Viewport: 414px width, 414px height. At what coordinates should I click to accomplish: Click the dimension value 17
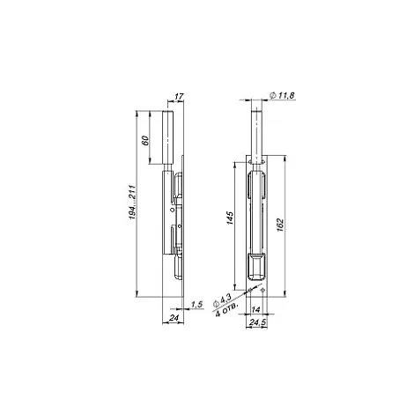pyautogui.click(x=179, y=96)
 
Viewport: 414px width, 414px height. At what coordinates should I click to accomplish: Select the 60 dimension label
pyautogui.click(x=145, y=140)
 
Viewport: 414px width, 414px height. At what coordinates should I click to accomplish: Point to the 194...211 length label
pyautogui.click(x=132, y=203)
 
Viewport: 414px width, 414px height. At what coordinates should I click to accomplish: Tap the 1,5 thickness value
pyautogui.click(x=197, y=305)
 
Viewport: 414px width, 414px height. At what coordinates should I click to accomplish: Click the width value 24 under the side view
pyautogui.click(x=174, y=317)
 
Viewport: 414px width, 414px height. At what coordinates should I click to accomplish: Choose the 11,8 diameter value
pyautogui.click(x=286, y=95)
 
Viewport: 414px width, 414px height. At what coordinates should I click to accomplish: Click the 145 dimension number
pyautogui.click(x=230, y=218)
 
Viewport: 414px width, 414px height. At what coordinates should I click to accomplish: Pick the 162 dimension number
pyautogui.click(x=280, y=225)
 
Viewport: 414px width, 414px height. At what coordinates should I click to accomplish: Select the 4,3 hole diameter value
pyautogui.click(x=226, y=299)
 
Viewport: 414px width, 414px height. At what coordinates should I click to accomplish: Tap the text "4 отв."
pyautogui.click(x=226, y=309)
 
